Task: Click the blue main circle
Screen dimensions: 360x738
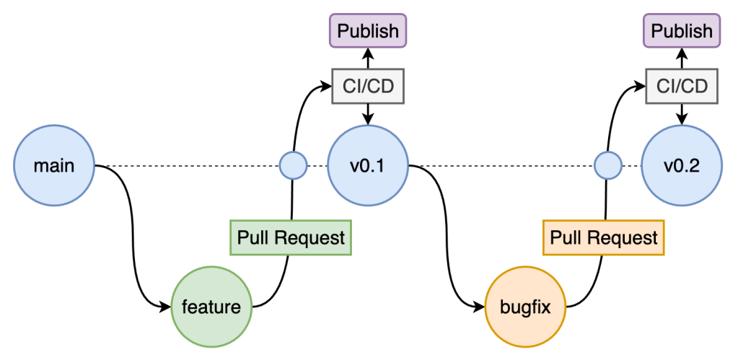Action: pyautogui.click(x=54, y=166)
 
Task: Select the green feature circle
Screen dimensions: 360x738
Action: pyautogui.click(x=211, y=307)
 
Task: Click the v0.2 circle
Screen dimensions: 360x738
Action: pyautogui.click(x=682, y=166)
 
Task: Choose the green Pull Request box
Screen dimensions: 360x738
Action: pyautogui.click(x=291, y=237)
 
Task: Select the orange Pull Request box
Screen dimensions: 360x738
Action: pyautogui.click(x=604, y=237)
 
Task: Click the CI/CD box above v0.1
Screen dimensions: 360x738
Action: pyautogui.click(x=368, y=87)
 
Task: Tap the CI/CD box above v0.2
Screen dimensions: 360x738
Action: pyautogui.click(x=682, y=87)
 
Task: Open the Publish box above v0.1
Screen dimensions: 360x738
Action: pyautogui.click(x=368, y=31)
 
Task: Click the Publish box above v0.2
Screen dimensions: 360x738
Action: pyautogui.click(x=682, y=31)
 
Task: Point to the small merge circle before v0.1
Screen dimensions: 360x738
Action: pyautogui.click(x=293, y=166)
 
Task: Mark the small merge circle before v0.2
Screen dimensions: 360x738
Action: pyautogui.click(x=607, y=166)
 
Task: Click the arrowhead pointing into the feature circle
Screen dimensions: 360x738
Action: pyautogui.click(x=164, y=307)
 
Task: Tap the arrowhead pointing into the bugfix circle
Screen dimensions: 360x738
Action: pyautogui.click(x=479, y=307)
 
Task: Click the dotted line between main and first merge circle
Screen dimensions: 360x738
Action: pyautogui.click(x=188, y=166)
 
